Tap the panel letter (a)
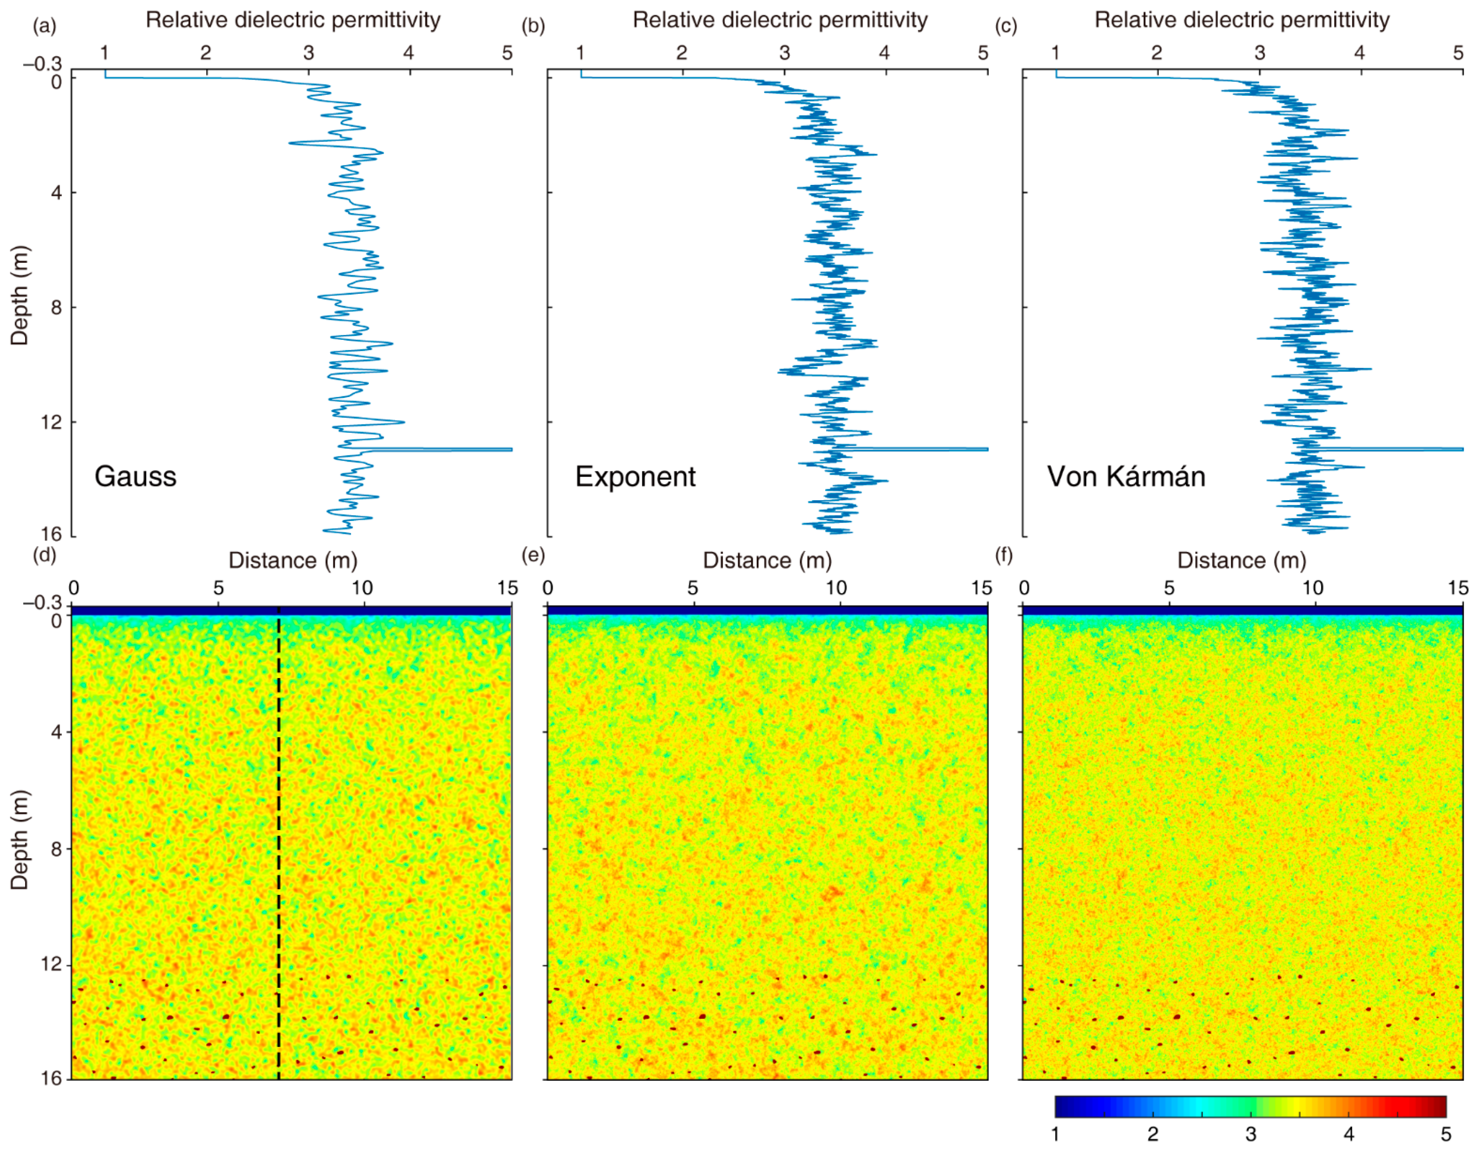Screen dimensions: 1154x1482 pos(44,27)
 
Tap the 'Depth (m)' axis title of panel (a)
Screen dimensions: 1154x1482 pos(20,295)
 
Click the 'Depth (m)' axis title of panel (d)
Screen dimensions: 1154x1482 pos(20,839)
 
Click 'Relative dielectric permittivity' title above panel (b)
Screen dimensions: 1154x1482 pos(780,20)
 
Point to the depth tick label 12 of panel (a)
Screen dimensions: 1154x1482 pos(52,422)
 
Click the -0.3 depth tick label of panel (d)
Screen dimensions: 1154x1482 pos(42,603)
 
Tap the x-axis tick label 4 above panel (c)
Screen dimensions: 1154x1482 pos(1359,53)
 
